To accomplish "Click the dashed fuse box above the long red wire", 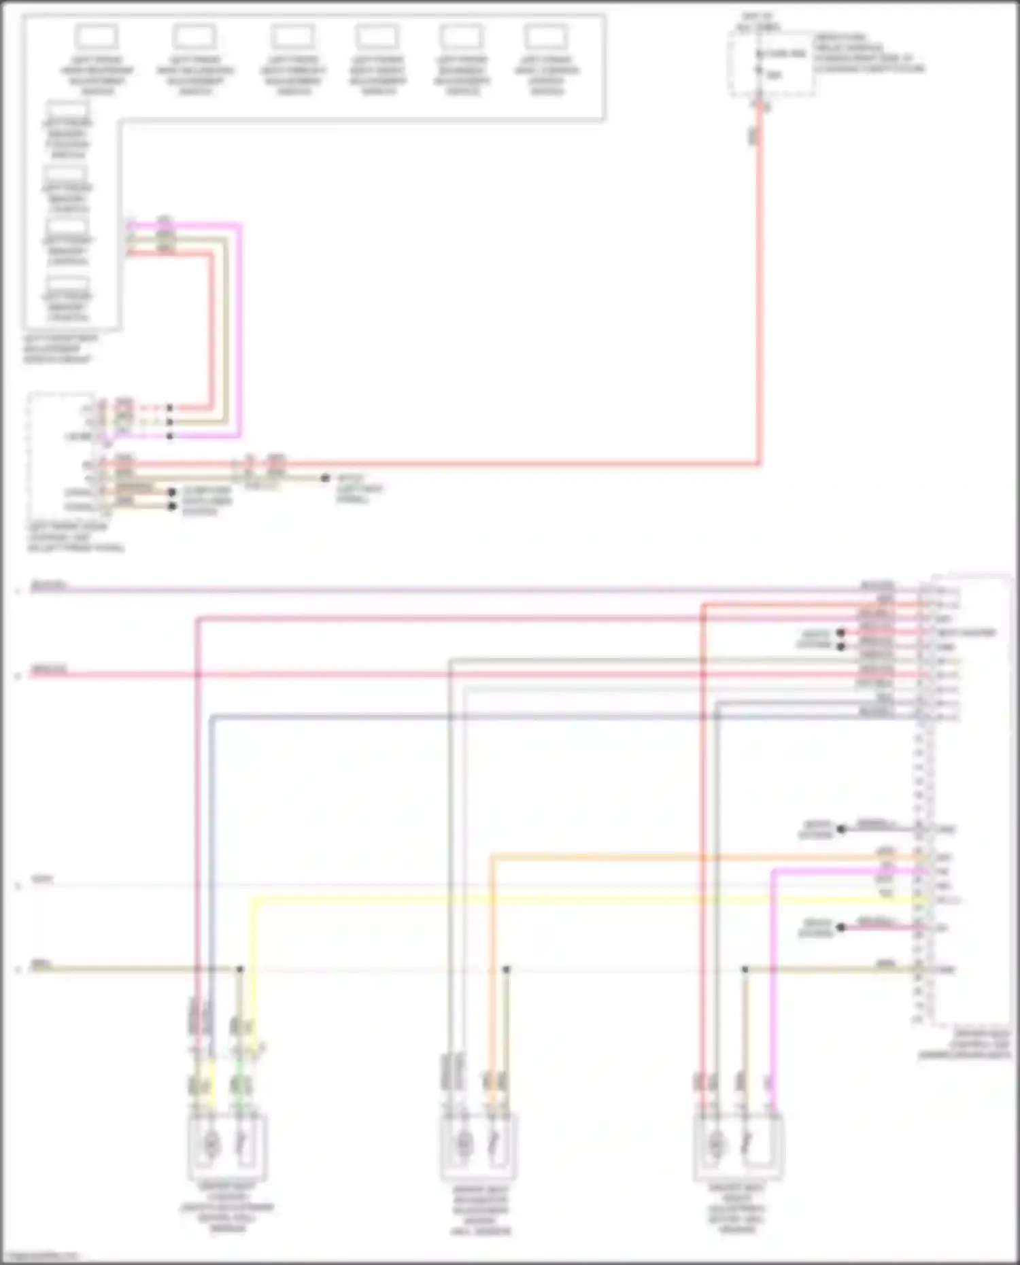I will (772, 65).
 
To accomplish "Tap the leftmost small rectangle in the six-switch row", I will (97, 37).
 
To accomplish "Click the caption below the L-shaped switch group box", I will (61, 349).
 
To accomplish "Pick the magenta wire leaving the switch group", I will (239, 326).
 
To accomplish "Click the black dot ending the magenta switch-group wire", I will (170, 436).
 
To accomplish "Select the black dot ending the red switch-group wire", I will (170, 408).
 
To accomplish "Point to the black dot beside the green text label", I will (325, 479).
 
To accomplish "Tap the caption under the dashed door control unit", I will (75, 537).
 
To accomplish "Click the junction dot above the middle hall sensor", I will (506, 969).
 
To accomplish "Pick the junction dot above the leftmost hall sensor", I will (239, 969).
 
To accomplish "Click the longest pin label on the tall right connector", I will (966, 633).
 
